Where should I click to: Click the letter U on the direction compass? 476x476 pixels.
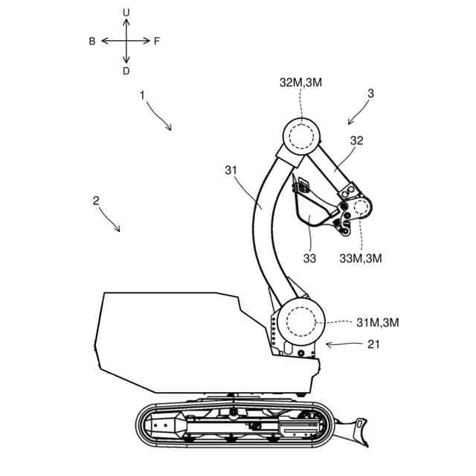(126, 13)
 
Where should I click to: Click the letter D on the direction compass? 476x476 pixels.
(126, 71)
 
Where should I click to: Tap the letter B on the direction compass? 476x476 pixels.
(92, 41)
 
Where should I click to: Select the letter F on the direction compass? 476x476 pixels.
(157, 41)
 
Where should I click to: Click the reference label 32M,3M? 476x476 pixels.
(300, 83)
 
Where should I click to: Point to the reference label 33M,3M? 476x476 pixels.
(360, 258)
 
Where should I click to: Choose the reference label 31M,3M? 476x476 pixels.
(378, 322)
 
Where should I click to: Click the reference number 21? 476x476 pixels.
(373, 344)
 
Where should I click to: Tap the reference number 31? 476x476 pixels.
(231, 170)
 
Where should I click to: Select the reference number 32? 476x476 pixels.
(357, 141)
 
